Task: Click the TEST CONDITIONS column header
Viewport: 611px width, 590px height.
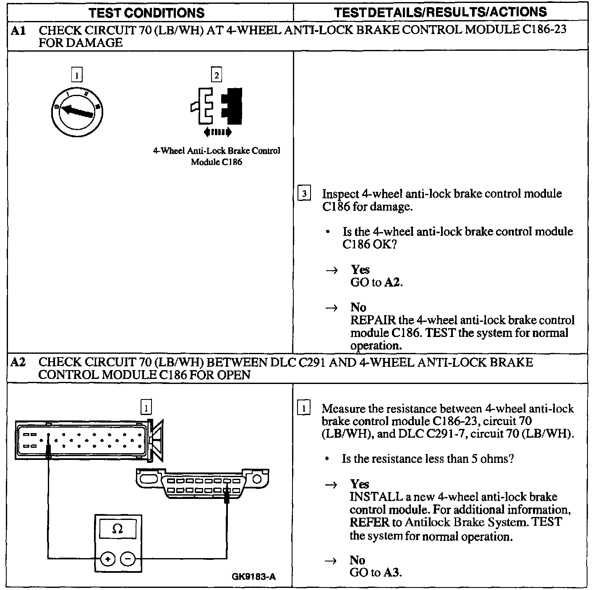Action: click(146, 13)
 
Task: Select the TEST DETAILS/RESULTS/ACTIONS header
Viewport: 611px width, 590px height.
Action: click(440, 12)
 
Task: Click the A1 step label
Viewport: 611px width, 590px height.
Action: click(18, 30)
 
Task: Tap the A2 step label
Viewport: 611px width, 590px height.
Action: click(18, 362)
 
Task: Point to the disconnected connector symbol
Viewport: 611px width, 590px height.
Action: click(217, 106)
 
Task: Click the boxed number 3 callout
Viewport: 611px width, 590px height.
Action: click(304, 194)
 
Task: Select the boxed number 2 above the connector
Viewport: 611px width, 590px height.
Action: click(217, 75)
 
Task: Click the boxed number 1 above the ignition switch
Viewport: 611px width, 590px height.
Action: click(76, 75)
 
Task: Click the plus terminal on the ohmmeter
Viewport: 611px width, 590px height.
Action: click(108, 559)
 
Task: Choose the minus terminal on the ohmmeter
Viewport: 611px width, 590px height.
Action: click(128, 559)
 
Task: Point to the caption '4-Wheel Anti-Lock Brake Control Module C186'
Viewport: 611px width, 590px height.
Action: click(217, 156)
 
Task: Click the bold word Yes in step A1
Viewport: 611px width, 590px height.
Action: click(360, 269)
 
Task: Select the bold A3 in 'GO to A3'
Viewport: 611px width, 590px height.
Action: click(392, 573)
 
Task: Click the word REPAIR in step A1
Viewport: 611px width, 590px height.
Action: click(373, 320)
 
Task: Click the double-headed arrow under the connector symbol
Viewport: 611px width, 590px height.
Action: click(217, 132)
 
